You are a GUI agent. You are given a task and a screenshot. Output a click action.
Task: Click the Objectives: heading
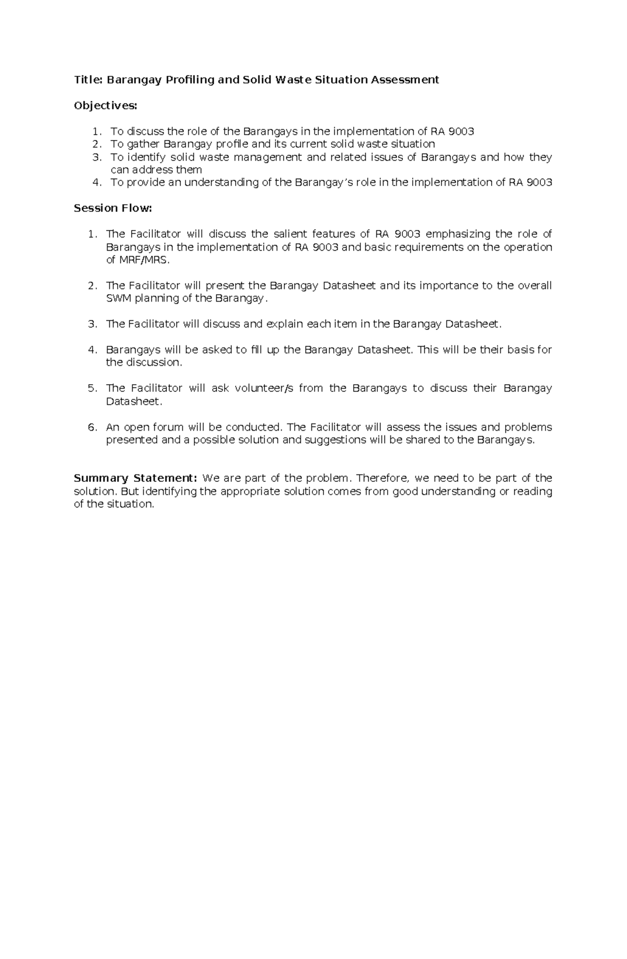106,106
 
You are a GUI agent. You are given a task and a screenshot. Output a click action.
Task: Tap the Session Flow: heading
113,209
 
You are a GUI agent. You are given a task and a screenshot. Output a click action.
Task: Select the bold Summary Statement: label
135,478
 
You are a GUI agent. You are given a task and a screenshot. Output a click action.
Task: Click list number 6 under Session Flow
92,427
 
